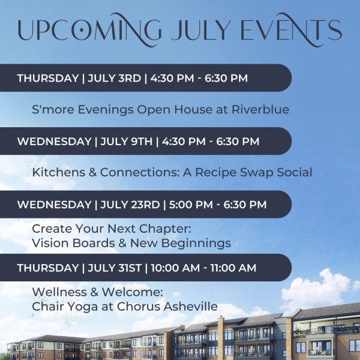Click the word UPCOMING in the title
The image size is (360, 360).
coord(89,30)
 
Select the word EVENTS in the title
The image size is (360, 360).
coord(291,30)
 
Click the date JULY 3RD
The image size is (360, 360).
coord(115,78)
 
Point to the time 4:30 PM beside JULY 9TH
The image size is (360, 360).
coord(184,141)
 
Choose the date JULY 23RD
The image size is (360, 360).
coord(130,205)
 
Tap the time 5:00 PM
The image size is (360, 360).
coord(191,205)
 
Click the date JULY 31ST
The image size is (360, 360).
coord(115,268)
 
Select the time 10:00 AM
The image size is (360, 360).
coord(175,268)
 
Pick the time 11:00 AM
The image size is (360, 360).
coord(233,268)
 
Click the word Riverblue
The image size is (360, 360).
coord(260,109)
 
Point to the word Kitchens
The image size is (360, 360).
coord(59,172)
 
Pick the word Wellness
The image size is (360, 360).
coord(59,292)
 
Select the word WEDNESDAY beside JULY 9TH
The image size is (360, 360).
coord(55,141)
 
